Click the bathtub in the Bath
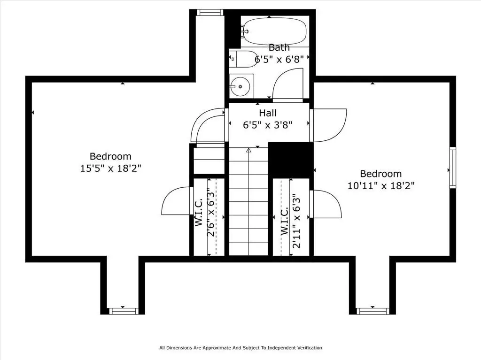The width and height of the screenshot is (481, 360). [x=275, y=31]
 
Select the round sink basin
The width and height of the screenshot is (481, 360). [x=240, y=87]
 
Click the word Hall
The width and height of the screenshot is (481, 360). [x=267, y=113]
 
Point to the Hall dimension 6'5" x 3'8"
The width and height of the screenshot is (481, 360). [x=267, y=125]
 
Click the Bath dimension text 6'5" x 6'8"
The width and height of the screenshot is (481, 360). [x=279, y=59]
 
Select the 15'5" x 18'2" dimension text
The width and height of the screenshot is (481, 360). [x=110, y=169]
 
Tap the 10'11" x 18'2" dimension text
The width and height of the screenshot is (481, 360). [x=380, y=186]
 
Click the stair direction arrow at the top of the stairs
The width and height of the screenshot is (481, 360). [x=249, y=150]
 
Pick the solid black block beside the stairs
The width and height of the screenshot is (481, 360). [x=290, y=160]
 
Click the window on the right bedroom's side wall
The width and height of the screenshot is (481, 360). [x=452, y=168]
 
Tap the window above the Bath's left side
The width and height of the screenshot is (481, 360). [x=210, y=12]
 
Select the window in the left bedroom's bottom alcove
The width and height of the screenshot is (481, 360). [x=123, y=311]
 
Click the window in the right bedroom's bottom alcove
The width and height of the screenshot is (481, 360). [x=372, y=311]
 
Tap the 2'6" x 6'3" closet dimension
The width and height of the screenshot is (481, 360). [x=211, y=213]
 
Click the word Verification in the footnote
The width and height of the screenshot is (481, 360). [x=310, y=348]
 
